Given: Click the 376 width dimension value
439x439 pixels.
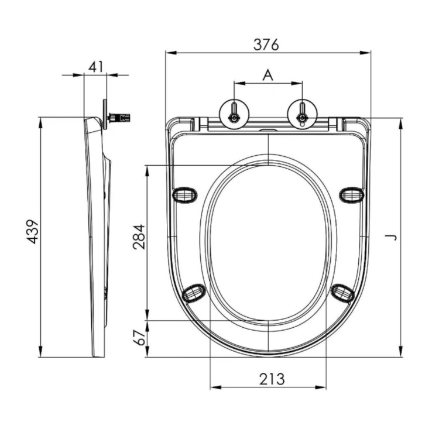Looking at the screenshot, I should [x=267, y=44].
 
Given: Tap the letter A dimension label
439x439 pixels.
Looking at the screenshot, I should [x=267, y=75].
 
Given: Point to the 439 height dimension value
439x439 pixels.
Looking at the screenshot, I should [x=33, y=232].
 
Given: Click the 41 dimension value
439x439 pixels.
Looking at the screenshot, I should [x=95, y=66].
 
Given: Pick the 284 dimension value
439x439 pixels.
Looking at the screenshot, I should [x=139, y=236].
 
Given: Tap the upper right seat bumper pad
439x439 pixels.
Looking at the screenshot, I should [x=352, y=194].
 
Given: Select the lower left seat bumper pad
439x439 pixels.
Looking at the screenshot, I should [x=194, y=291].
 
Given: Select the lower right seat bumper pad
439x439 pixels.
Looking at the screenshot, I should [x=342, y=291].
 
